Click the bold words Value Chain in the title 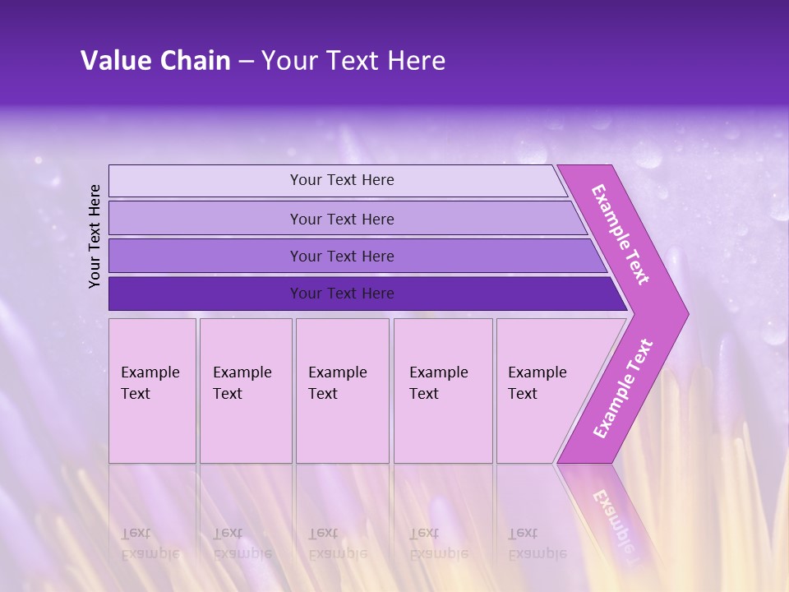155,60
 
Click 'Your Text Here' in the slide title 353,60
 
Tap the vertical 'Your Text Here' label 95,236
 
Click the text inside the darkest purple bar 342,294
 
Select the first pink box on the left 152,391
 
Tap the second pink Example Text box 246,391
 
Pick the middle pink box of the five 342,391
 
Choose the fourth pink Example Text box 443,391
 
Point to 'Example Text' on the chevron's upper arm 621,234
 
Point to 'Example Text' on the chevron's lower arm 623,388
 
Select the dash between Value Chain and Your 246,61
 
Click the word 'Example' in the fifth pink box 538,372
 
